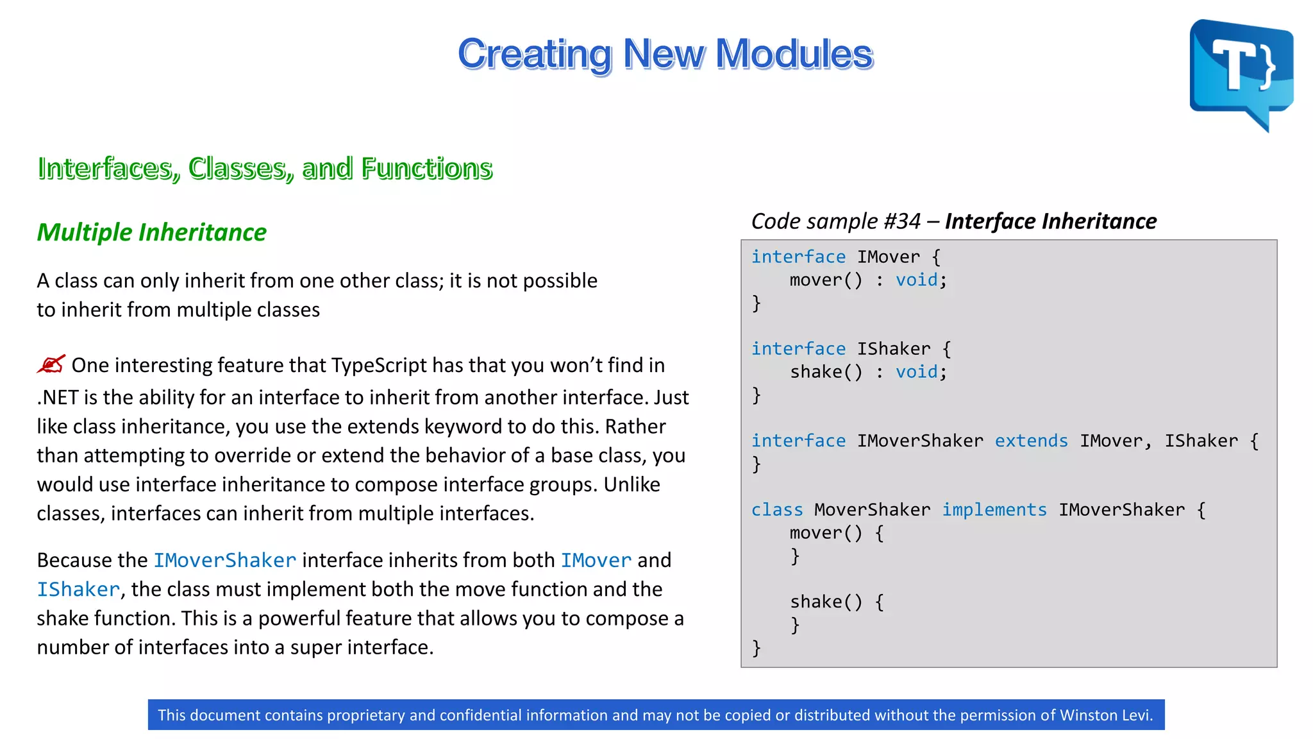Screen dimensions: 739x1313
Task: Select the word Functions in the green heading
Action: click(426, 168)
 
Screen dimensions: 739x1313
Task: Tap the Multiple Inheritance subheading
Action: click(151, 232)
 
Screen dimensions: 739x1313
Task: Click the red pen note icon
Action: click(51, 364)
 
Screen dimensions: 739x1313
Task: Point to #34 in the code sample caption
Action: click(901, 221)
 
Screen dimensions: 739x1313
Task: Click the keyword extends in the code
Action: click(1031, 441)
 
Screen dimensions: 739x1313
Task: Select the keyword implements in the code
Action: click(994, 510)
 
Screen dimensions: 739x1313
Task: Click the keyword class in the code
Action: click(776, 510)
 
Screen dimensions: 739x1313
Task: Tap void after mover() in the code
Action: click(916, 280)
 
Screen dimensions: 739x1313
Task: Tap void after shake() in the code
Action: click(916, 372)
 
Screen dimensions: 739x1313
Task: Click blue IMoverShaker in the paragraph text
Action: click(224, 561)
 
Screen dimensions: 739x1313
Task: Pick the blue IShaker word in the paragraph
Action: click(78, 590)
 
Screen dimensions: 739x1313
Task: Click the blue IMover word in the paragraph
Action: click(596, 561)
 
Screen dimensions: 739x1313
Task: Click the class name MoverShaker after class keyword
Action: click(872, 510)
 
